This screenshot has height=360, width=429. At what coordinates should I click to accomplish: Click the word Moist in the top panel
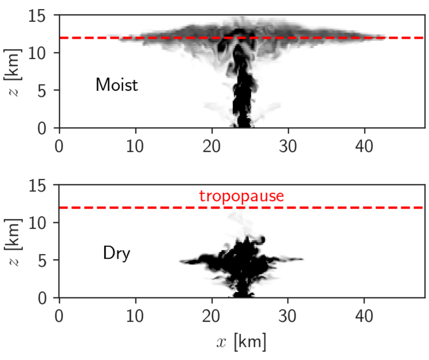[x=116, y=85]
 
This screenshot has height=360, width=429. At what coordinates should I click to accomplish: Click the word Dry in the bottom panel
[x=116, y=254]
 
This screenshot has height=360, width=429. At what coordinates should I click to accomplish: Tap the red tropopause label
[x=241, y=196]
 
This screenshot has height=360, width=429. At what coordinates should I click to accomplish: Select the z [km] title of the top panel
[x=14, y=71]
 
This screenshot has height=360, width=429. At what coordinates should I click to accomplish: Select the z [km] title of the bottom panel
[x=14, y=241]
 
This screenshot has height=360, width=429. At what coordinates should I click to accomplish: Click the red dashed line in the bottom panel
[x=331, y=207]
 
